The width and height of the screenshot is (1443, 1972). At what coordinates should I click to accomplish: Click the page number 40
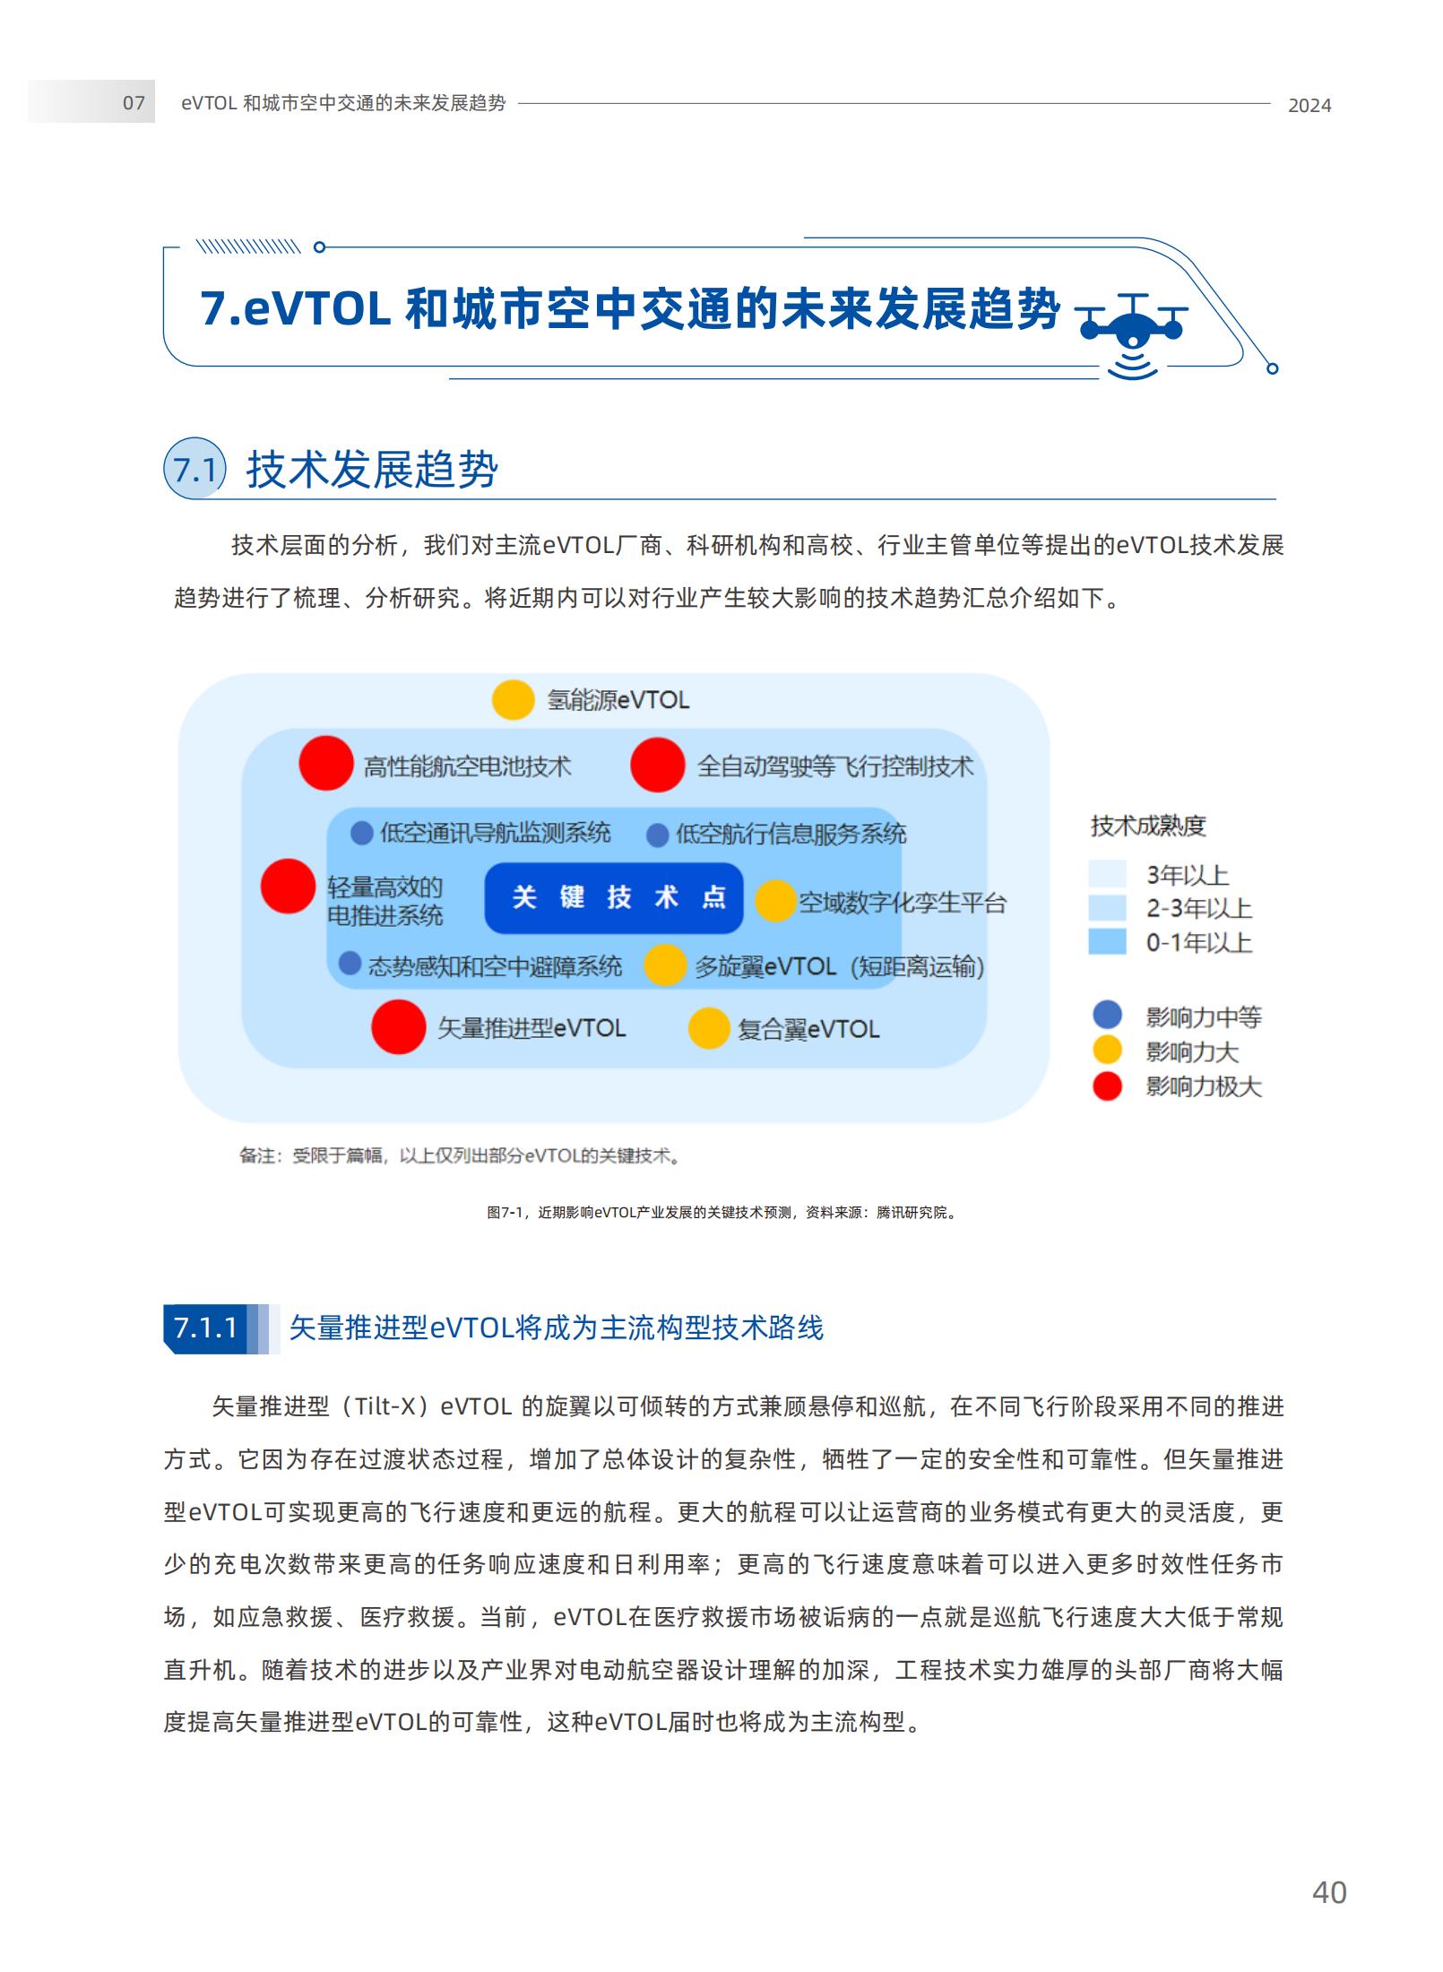[x=1328, y=1892]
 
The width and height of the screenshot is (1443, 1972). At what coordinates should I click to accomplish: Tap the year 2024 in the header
[x=1309, y=106]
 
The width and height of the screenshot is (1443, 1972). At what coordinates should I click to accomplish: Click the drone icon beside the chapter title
[x=1131, y=332]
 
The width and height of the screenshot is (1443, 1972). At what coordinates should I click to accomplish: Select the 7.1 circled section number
[x=194, y=470]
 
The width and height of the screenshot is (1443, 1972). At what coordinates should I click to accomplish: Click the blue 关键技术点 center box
[x=614, y=897]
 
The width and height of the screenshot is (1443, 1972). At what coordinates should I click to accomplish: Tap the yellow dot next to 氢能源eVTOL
[x=513, y=700]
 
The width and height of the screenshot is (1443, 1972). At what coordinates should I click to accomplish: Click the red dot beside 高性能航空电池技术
[x=325, y=764]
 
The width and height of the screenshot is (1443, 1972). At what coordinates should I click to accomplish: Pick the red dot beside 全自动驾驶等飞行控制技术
[x=657, y=765]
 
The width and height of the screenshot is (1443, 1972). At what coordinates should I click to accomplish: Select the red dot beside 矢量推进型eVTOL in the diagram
[x=398, y=1027]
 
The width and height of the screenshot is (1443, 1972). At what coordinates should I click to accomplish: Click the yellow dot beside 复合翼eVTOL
[x=708, y=1028]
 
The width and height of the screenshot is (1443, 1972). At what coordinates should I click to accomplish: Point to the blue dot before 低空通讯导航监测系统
[x=361, y=834]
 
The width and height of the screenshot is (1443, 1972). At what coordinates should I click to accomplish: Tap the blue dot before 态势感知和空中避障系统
[x=350, y=964]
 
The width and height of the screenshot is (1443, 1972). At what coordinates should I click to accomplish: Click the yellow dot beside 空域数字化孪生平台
[x=774, y=901]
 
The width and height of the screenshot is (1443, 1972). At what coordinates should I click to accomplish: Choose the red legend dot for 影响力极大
[x=1107, y=1086]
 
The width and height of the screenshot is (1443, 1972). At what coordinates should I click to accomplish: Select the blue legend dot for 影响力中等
[x=1107, y=1015]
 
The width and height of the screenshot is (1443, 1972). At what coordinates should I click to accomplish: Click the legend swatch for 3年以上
[x=1107, y=874]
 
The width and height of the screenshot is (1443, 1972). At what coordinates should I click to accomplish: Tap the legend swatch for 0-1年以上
[x=1107, y=942]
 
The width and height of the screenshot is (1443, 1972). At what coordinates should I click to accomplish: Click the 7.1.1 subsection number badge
[x=206, y=1328]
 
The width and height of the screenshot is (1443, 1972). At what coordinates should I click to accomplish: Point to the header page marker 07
[x=134, y=103]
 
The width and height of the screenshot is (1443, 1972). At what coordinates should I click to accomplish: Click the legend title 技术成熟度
[x=1147, y=826]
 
